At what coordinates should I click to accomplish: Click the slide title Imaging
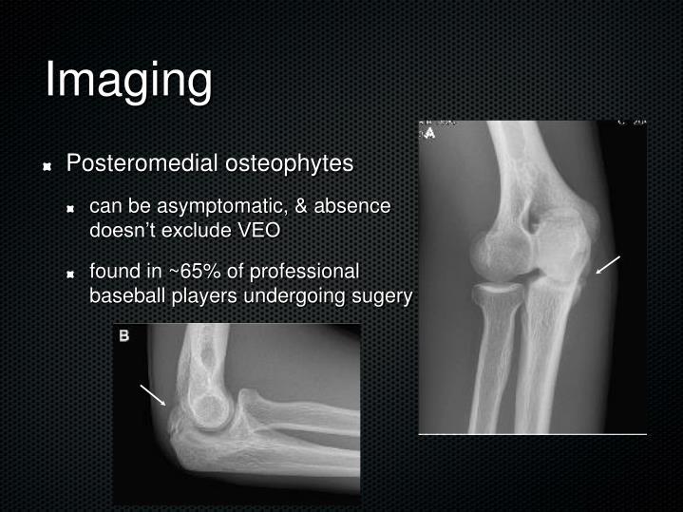128,80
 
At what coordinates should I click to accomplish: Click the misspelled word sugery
382,295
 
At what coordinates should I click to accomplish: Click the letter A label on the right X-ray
429,133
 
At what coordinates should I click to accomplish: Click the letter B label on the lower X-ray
123,335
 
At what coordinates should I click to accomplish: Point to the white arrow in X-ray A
608,265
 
